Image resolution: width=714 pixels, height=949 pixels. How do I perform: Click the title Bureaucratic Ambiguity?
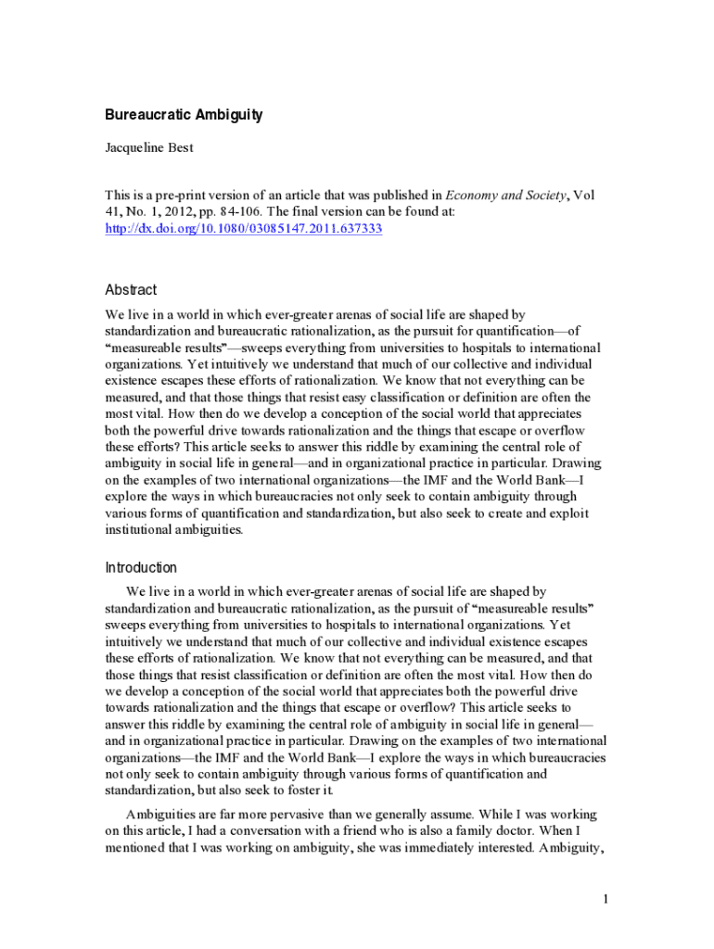coord(184,115)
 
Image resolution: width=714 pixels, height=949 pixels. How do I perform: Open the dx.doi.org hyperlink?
coord(243,228)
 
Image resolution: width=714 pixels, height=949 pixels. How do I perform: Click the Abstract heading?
coord(131,290)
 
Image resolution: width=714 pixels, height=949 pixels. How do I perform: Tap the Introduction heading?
coord(141,567)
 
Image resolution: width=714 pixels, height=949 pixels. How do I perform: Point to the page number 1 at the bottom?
coord(605,899)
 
